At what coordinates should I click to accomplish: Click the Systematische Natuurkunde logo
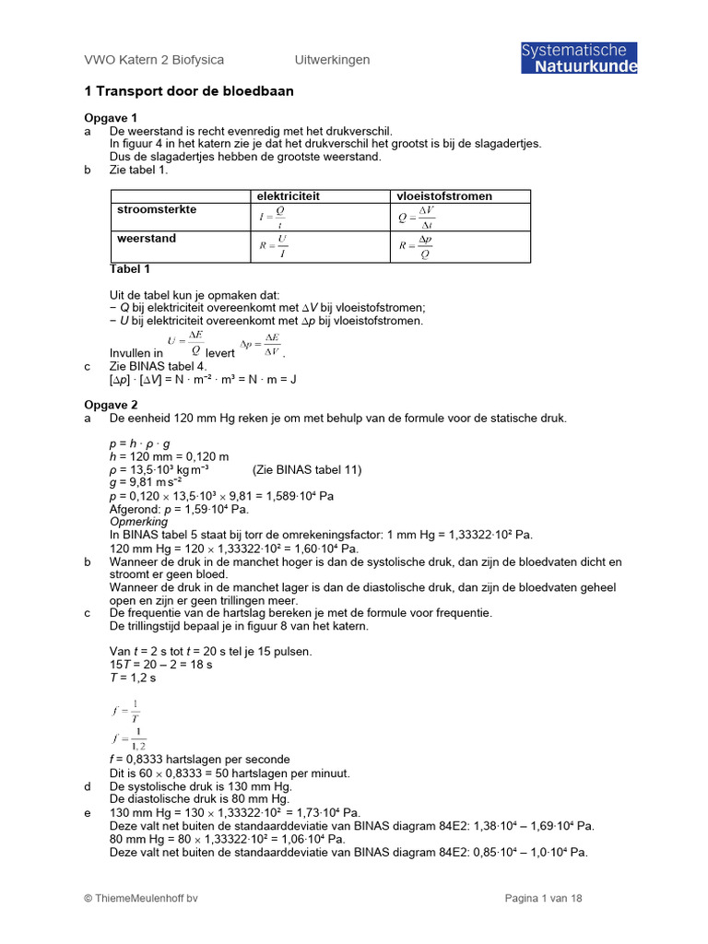578,57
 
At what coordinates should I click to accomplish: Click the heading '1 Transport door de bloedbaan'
189,92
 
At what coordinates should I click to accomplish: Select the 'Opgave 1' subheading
110,118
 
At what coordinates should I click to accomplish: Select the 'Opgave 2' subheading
110,405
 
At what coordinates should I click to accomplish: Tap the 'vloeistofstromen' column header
443,196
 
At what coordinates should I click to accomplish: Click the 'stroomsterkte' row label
156,210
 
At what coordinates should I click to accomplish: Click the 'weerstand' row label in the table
147,239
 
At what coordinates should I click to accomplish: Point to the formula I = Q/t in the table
273,217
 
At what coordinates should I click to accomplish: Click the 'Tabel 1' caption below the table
130,269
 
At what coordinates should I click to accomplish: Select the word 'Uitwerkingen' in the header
332,60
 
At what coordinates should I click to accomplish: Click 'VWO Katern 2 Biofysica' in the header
154,60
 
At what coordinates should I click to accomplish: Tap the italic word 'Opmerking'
138,522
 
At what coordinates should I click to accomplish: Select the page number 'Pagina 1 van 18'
543,899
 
